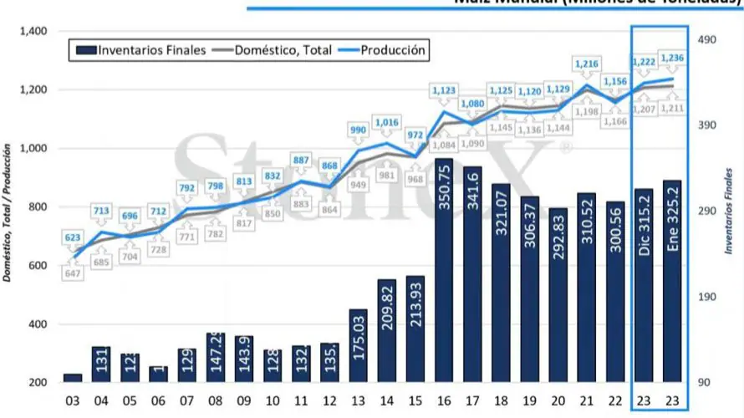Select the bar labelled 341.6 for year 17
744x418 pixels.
(471, 276)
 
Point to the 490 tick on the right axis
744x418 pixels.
(707, 39)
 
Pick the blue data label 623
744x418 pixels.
(73, 237)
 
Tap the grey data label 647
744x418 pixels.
(73, 272)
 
